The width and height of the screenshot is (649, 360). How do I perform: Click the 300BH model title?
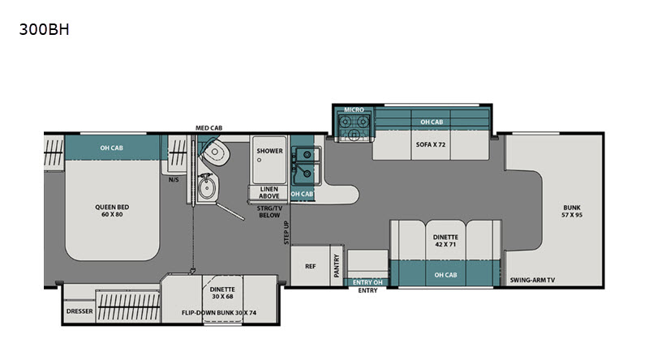tap(45, 30)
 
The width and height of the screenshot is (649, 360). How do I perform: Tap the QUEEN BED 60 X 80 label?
tap(112, 211)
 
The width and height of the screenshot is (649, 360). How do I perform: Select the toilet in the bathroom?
tap(216, 152)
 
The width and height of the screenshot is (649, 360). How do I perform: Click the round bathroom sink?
tap(206, 188)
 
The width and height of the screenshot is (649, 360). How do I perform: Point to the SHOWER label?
tap(269, 151)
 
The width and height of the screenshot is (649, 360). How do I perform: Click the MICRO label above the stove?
tap(354, 109)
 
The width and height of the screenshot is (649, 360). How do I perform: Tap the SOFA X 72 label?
tap(431, 144)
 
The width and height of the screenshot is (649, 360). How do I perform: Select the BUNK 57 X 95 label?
tap(572, 211)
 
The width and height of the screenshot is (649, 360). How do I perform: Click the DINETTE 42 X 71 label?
tap(445, 241)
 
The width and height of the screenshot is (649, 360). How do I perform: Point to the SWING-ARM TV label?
tap(532, 280)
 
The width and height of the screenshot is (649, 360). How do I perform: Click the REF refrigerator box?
tap(311, 266)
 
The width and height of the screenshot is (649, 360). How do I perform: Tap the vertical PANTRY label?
tap(337, 266)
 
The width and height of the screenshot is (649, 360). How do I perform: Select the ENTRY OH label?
tap(367, 283)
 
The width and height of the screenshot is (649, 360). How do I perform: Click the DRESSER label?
tap(80, 311)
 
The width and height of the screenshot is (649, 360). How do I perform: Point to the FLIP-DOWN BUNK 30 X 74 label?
tap(219, 312)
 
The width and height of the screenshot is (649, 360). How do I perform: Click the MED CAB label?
tap(209, 128)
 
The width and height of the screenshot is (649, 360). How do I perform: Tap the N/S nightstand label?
tap(174, 179)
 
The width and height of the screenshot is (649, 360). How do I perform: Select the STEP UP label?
tap(286, 233)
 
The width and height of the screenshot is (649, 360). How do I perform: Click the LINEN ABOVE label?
tap(269, 192)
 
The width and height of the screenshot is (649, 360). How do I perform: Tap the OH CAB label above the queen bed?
tap(111, 148)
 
